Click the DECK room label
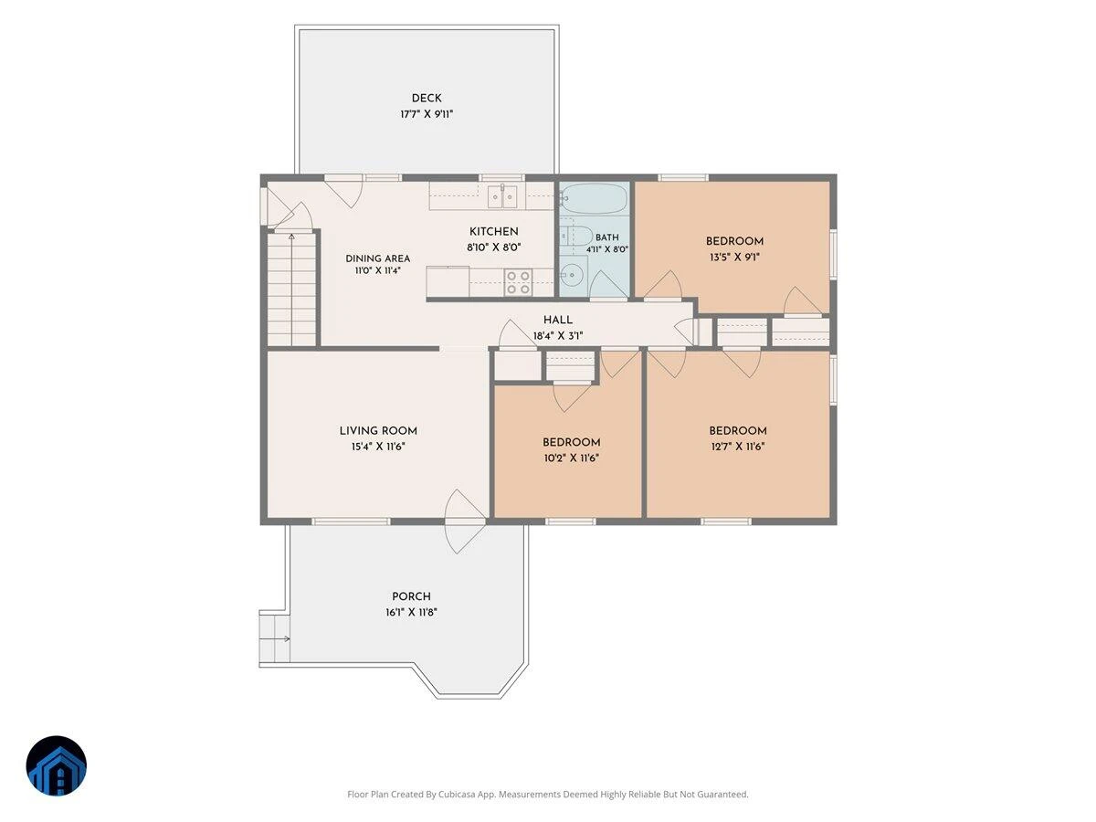click(x=426, y=99)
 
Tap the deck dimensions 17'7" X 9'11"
click(x=427, y=114)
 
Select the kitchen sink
click(x=501, y=196)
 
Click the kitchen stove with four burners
click(x=518, y=282)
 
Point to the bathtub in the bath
click(x=593, y=198)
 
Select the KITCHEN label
click(x=493, y=232)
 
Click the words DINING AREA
click(x=377, y=258)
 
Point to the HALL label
click(x=558, y=320)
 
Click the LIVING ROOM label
click(x=378, y=431)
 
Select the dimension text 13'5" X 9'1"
click(x=734, y=258)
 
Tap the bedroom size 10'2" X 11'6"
click(x=571, y=458)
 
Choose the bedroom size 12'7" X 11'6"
click(x=737, y=447)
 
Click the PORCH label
click(x=411, y=596)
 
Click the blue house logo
click(x=57, y=765)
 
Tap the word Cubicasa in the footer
click(x=457, y=794)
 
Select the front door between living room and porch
click(x=465, y=522)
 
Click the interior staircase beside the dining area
click(x=291, y=290)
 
